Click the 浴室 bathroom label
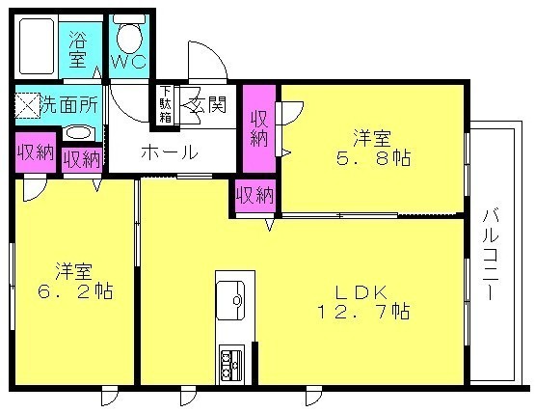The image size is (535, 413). point(78,49)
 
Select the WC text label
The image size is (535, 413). point(129,62)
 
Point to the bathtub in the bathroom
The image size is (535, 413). point(37,46)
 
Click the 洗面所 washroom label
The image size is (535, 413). point(69,104)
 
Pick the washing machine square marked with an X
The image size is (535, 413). point(27,105)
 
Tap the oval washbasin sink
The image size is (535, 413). point(78,133)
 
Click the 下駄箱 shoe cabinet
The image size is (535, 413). point(166,104)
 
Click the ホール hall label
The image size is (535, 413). point(170,152)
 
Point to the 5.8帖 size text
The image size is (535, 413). point(373,158)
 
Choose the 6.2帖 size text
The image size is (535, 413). point(75,291)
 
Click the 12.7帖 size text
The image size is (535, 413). point(363,311)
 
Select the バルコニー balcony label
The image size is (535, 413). point(491,255)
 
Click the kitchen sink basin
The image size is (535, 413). point(230,300)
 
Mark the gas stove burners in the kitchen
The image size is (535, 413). point(230,365)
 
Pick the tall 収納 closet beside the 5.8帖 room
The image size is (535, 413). point(259,128)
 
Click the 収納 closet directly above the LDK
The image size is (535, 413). point(254,196)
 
